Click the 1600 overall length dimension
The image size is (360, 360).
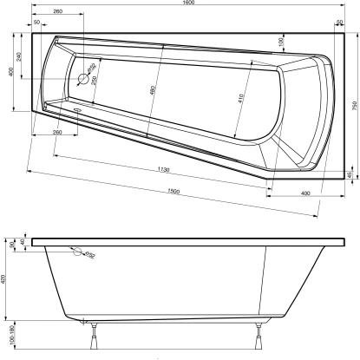point(188,3)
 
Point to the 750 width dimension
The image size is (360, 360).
point(354,105)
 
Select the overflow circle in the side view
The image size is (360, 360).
point(78,252)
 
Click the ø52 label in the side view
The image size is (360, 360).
point(90,255)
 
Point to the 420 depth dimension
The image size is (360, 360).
point(7,280)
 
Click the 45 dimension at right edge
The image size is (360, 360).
point(350,177)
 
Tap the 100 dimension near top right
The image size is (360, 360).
point(282,42)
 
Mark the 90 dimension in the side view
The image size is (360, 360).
point(11,245)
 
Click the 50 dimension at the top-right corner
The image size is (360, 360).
point(338,23)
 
